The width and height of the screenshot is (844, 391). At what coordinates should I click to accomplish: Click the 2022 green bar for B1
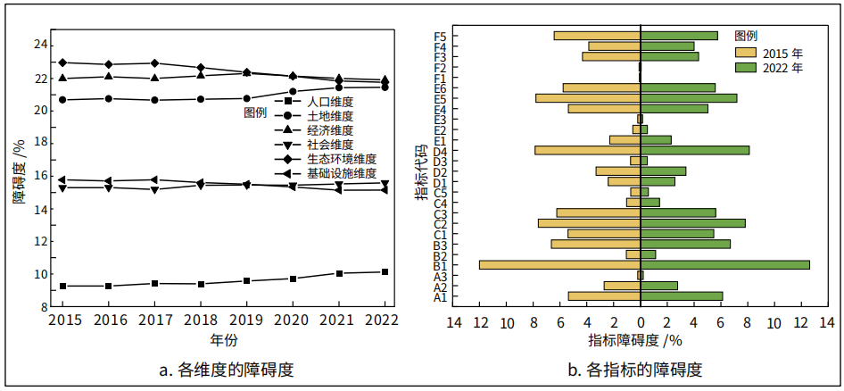point(724,264)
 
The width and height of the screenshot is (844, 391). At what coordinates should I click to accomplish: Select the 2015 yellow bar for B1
point(559,264)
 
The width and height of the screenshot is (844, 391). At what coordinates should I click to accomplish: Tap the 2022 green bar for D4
point(694,150)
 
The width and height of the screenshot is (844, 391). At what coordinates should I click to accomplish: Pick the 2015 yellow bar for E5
point(587,98)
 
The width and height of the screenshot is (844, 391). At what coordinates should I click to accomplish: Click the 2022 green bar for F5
point(679,36)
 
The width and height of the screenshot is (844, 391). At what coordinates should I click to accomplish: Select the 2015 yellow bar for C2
point(589,223)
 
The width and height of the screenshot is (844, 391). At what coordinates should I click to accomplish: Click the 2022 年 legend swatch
point(748,67)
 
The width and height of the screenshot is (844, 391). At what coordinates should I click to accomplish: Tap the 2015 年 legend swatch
point(748,53)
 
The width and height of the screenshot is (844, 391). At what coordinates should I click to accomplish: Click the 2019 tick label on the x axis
point(245,319)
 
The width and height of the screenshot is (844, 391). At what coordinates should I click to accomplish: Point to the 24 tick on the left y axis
point(41,45)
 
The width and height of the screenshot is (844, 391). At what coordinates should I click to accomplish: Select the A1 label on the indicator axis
point(440,297)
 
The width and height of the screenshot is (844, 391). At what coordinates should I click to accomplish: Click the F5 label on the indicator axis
point(440,36)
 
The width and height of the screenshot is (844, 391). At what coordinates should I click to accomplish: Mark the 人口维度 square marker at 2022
point(385,271)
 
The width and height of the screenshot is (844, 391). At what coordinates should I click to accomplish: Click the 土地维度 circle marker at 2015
point(62,99)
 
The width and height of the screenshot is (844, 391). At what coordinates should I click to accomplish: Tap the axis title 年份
point(224,339)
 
